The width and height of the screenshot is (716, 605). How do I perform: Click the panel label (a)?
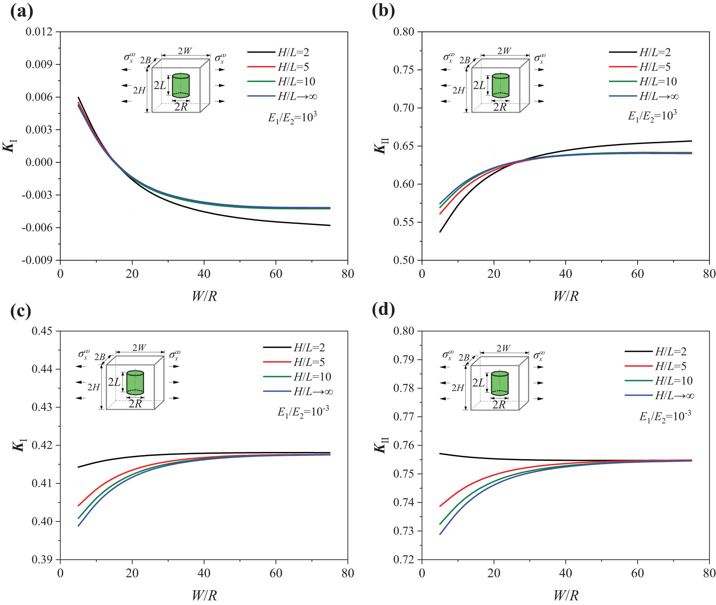[x=22, y=11]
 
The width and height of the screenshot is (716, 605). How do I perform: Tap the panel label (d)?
[x=383, y=309]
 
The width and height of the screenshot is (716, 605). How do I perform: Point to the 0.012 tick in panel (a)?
[x=39, y=32]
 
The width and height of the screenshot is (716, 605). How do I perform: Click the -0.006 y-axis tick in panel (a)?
[x=37, y=228]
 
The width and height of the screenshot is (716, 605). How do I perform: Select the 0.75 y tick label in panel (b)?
[x=403, y=70]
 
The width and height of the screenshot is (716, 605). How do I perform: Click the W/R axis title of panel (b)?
[x=566, y=296]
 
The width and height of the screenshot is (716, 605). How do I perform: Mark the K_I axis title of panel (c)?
[x=19, y=446]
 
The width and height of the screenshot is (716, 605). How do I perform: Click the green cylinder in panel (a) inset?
[x=181, y=86]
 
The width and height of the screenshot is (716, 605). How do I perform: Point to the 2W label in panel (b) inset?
[x=504, y=51]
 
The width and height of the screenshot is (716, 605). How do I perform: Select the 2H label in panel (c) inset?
[x=93, y=387]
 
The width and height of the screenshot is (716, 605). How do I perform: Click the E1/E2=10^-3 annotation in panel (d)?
[x=665, y=416]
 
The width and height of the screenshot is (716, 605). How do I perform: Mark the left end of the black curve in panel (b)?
[x=440, y=232]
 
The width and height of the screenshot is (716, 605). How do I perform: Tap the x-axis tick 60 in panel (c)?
[x=276, y=573]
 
